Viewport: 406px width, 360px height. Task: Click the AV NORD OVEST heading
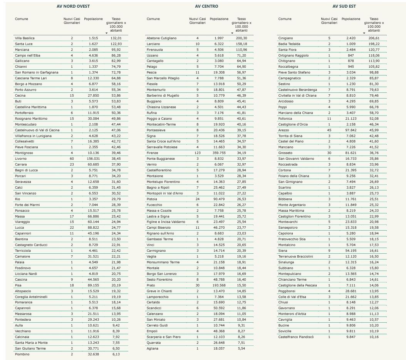(73, 7)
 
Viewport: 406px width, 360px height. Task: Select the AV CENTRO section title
(206, 7)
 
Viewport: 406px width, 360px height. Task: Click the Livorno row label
(20, 159)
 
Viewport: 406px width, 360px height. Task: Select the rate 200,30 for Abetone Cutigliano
(242, 38)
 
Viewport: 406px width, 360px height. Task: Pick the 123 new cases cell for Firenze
(197, 153)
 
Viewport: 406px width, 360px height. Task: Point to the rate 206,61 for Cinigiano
(373, 38)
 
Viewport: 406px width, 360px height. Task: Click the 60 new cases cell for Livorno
(72, 159)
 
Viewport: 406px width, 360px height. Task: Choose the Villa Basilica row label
(25, 38)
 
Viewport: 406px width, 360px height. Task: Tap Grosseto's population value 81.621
(351, 153)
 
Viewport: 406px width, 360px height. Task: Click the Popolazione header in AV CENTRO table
(219, 19)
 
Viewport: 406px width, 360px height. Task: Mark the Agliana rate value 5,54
(242, 348)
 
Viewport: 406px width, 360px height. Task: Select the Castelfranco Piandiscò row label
(296, 337)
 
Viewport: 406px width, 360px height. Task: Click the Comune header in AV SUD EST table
(285, 19)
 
